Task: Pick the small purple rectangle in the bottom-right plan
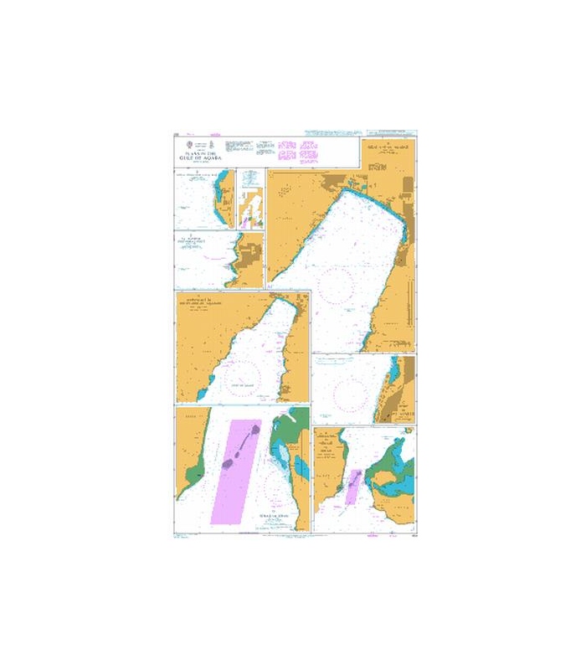353,487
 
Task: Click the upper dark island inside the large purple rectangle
252,431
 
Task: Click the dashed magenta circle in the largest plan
337,285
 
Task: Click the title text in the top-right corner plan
387,149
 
